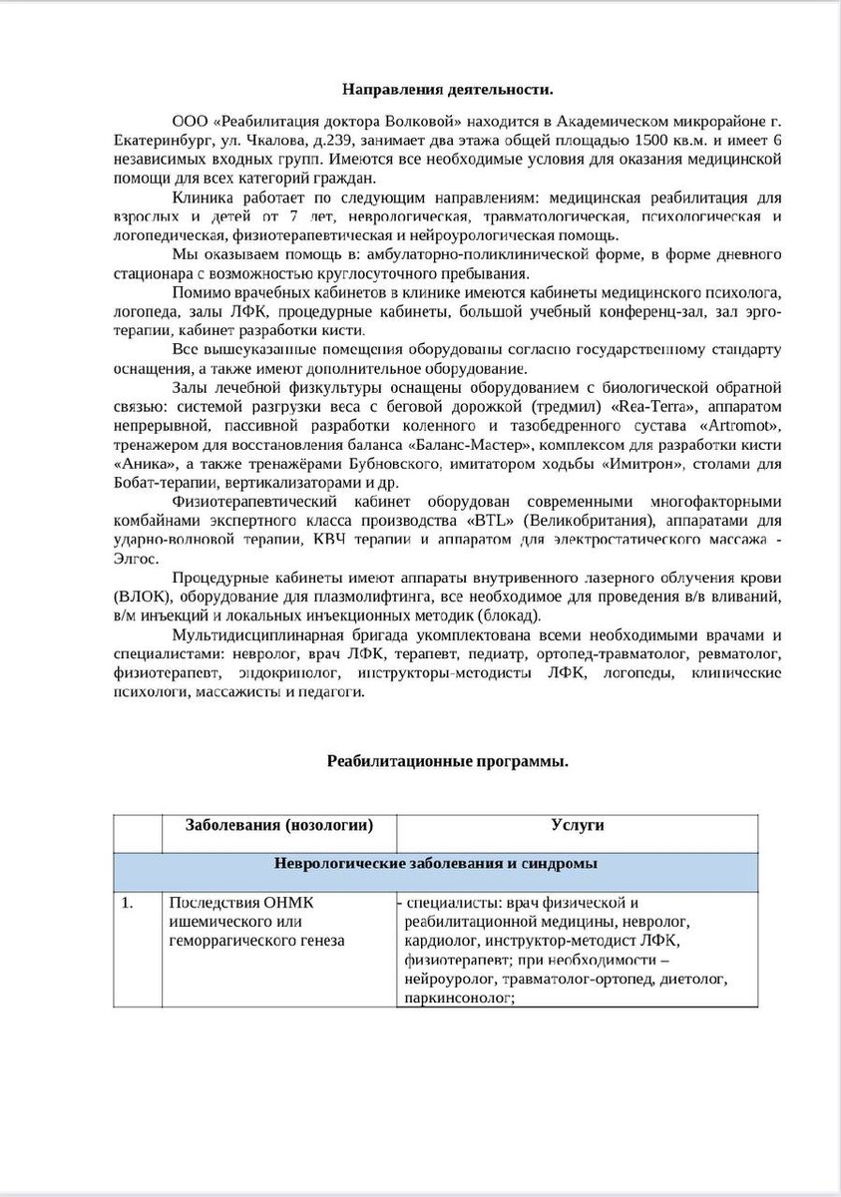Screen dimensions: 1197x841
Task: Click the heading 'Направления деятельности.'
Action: pyautogui.click(x=447, y=90)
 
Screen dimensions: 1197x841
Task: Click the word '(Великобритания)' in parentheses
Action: pyautogui.click(x=578, y=521)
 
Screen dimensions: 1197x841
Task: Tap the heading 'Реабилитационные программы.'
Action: pyautogui.click(x=448, y=761)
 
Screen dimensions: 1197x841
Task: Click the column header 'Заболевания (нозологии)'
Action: pyautogui.click(x=279, y=826)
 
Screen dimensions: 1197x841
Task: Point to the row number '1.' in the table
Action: pyautogui.click(x=127, y=904)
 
